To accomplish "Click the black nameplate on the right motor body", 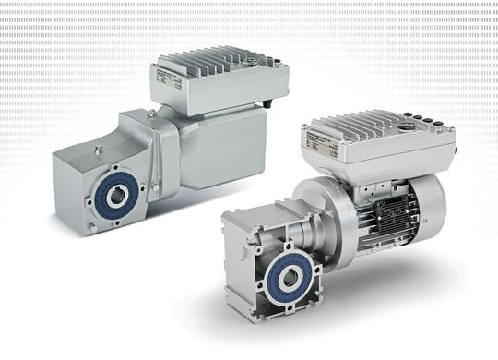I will click(x=383, y=218).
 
